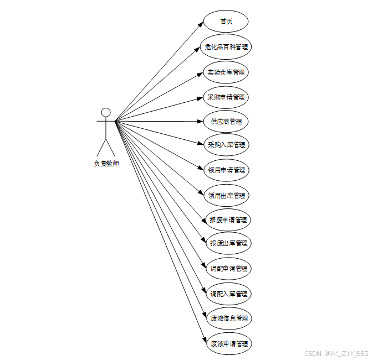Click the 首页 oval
226,22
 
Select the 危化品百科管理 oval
226,47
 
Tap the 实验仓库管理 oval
226,72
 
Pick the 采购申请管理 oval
226,97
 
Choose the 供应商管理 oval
226,121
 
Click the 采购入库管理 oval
226,145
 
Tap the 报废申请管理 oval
227,220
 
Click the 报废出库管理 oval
227,243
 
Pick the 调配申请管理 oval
227,269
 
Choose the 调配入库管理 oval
227,294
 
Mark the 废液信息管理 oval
228,318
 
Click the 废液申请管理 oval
228,344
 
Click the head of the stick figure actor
106,112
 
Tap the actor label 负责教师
106,164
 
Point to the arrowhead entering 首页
201,24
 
